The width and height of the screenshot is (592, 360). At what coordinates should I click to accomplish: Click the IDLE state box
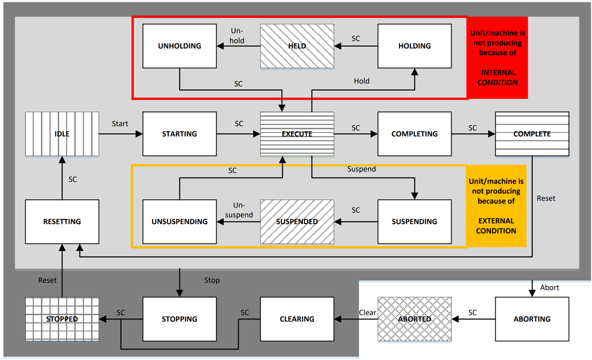coord(62,134)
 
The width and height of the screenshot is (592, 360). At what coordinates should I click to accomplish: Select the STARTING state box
coord(179,134)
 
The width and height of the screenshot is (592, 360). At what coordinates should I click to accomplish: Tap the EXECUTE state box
coord(297,134)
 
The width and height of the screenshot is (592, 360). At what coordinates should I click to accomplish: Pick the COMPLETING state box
coord(414,134)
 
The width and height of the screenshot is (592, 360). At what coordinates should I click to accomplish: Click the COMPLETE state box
coord(532,134)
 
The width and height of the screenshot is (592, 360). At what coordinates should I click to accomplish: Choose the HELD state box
coord(297,46)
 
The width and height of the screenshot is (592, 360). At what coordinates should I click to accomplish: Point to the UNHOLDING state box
coord(179,46)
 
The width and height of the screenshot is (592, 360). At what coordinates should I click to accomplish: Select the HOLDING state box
coord(414,46)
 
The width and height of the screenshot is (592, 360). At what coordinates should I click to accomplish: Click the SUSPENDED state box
coord(297,222)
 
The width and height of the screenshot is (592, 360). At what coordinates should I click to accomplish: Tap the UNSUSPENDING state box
coord(179,222)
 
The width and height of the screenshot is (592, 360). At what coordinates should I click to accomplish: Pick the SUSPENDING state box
coord(414,222)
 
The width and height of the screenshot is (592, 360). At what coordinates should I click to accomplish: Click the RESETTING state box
coord(62,222)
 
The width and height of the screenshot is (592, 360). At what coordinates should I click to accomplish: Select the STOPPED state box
coord(62,319)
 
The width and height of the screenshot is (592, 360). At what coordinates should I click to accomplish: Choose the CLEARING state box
coord(297,319)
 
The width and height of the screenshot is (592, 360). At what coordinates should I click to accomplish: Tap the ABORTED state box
coord(414,319)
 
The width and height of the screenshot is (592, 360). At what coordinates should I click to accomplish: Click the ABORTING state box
coord(532,319)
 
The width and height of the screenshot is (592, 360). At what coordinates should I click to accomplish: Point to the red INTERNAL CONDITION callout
coord(498,58)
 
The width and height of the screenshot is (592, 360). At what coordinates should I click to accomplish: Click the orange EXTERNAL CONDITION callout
coord(496,206)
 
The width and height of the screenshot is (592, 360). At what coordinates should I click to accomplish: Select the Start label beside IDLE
coord(120,124)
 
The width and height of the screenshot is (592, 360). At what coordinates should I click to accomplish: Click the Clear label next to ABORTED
coord(367,312)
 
